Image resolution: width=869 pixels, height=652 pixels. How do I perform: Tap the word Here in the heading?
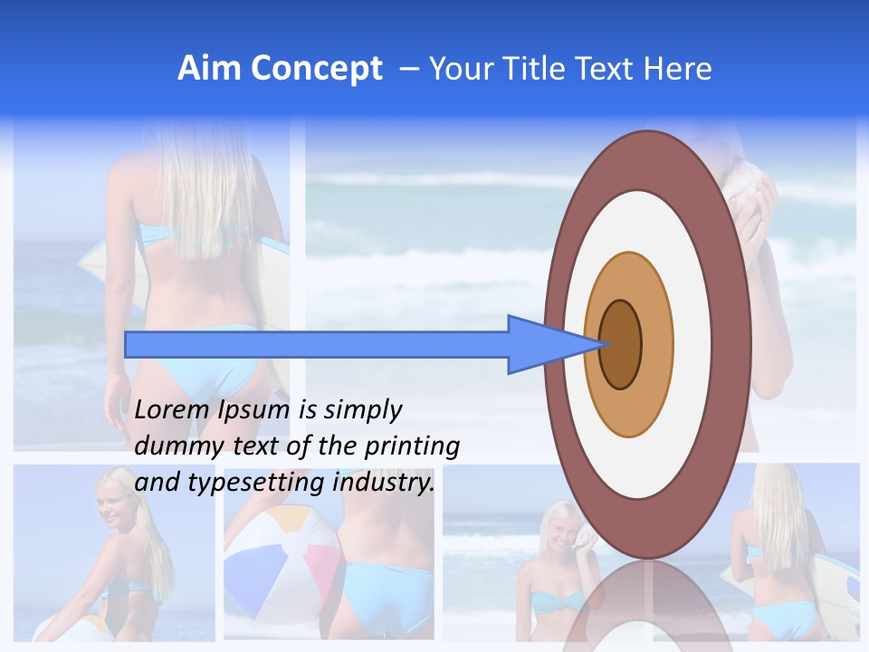(x=678, y=69)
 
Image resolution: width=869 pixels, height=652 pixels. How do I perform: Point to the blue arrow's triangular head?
(x=543, y=344)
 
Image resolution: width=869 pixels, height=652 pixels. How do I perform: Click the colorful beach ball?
(x=281, y=561)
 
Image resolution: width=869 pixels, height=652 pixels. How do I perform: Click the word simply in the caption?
(x=362, y=411)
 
